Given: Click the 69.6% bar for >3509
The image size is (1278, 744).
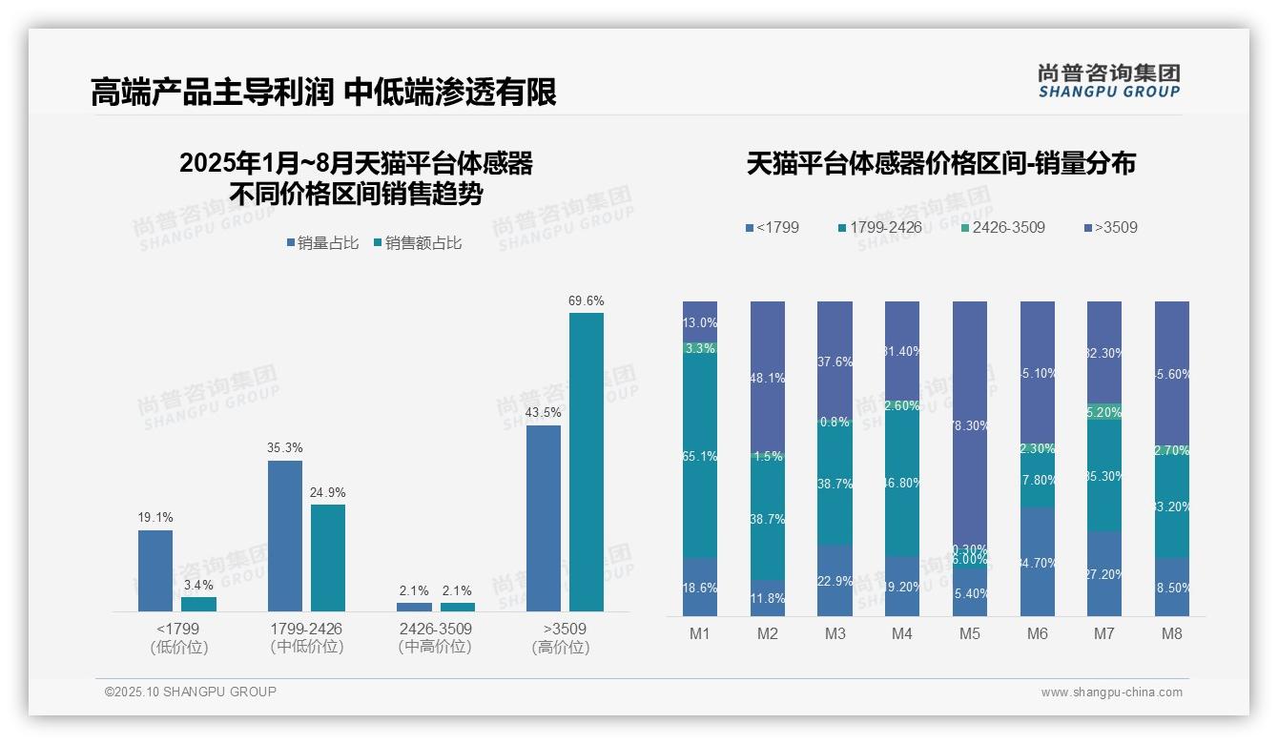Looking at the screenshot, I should point(587,462).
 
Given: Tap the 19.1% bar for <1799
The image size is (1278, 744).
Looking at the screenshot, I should point(155,570).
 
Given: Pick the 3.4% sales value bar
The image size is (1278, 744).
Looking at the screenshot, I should point(198,604).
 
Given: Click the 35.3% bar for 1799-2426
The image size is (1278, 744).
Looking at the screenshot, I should point(285,536).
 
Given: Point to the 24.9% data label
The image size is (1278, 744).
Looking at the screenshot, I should point(328,493).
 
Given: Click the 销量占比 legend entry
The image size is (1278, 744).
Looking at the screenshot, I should point(323,243).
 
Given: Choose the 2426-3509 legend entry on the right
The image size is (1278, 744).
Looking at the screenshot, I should point(1002,228).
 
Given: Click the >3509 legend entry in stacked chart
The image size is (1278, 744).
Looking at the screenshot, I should point(1111,228).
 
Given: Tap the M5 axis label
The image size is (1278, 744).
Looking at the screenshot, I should point(970,633).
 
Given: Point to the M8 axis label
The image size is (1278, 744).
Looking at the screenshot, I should point(1172,633).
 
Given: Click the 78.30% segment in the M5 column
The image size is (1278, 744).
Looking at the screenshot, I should point(970,425).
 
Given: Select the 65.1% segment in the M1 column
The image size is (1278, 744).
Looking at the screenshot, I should point(700,457).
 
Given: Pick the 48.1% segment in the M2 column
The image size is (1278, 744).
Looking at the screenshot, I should point(768,378).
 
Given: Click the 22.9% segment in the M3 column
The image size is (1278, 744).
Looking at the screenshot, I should point(835,581).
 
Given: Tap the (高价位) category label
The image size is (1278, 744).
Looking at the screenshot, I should point(561,648).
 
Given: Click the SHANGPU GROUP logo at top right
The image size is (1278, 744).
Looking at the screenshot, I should point(1108,81).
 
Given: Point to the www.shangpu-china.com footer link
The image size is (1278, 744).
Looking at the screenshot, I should point(1111,692).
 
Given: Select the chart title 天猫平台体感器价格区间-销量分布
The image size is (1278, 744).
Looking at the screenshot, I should point(940,163).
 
